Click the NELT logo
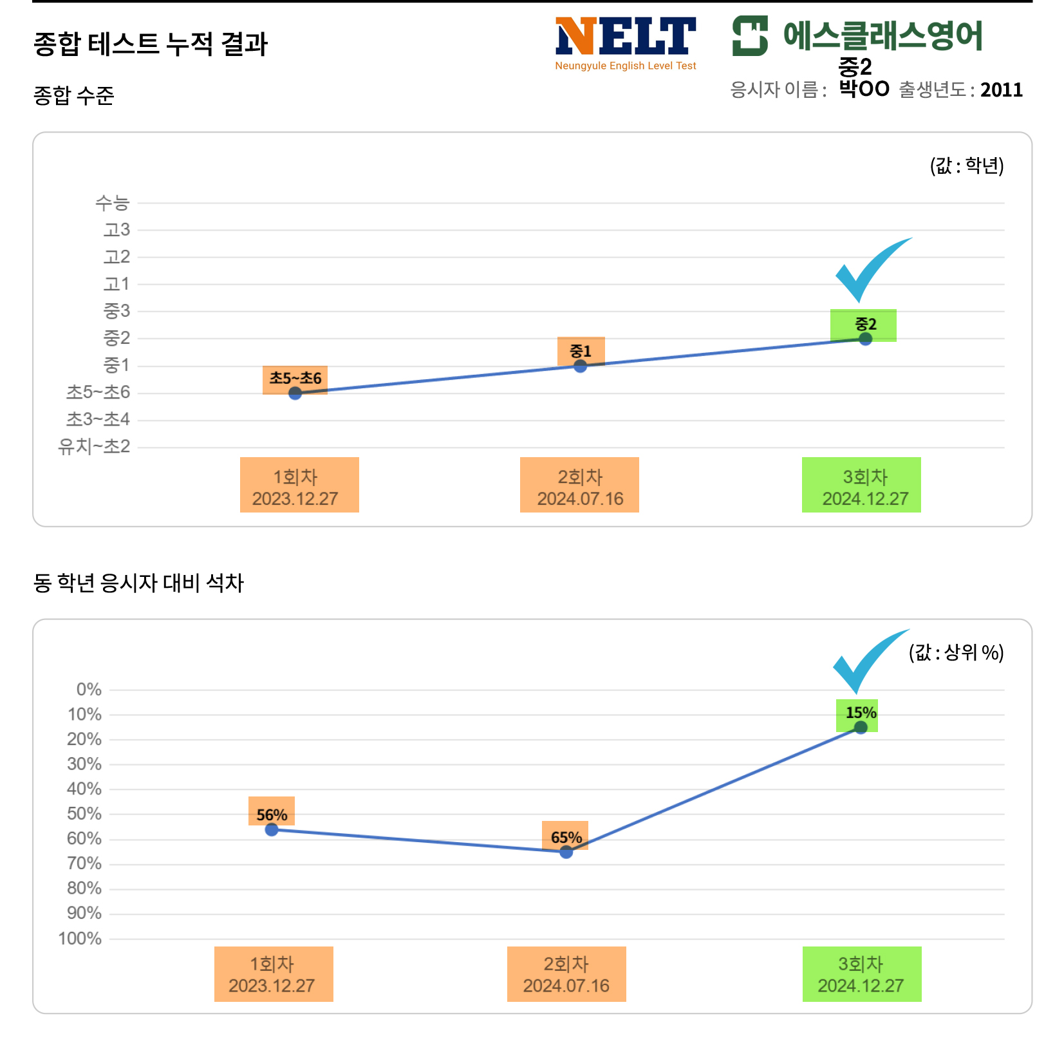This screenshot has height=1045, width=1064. pos(625,42)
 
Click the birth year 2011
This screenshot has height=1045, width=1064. pos(1001,89)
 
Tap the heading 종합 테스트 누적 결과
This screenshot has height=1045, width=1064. pos(150,44)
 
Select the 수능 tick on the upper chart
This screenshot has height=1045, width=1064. pos(113,203)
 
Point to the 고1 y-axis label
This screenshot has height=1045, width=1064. pos(117,284)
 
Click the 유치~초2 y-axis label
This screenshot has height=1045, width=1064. pos(94,447)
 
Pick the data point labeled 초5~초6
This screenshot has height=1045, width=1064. pos(295,393)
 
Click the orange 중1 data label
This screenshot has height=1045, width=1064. pos(581,351)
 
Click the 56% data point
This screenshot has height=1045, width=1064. pos(272,829)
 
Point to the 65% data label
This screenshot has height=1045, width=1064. pos(566,837)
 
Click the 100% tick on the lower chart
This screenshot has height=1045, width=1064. pos(80,939)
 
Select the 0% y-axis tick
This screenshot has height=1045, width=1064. pos(89,690)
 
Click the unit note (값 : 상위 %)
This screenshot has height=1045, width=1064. pos(956,653)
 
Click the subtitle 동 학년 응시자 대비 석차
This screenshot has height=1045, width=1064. pos(138,583)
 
